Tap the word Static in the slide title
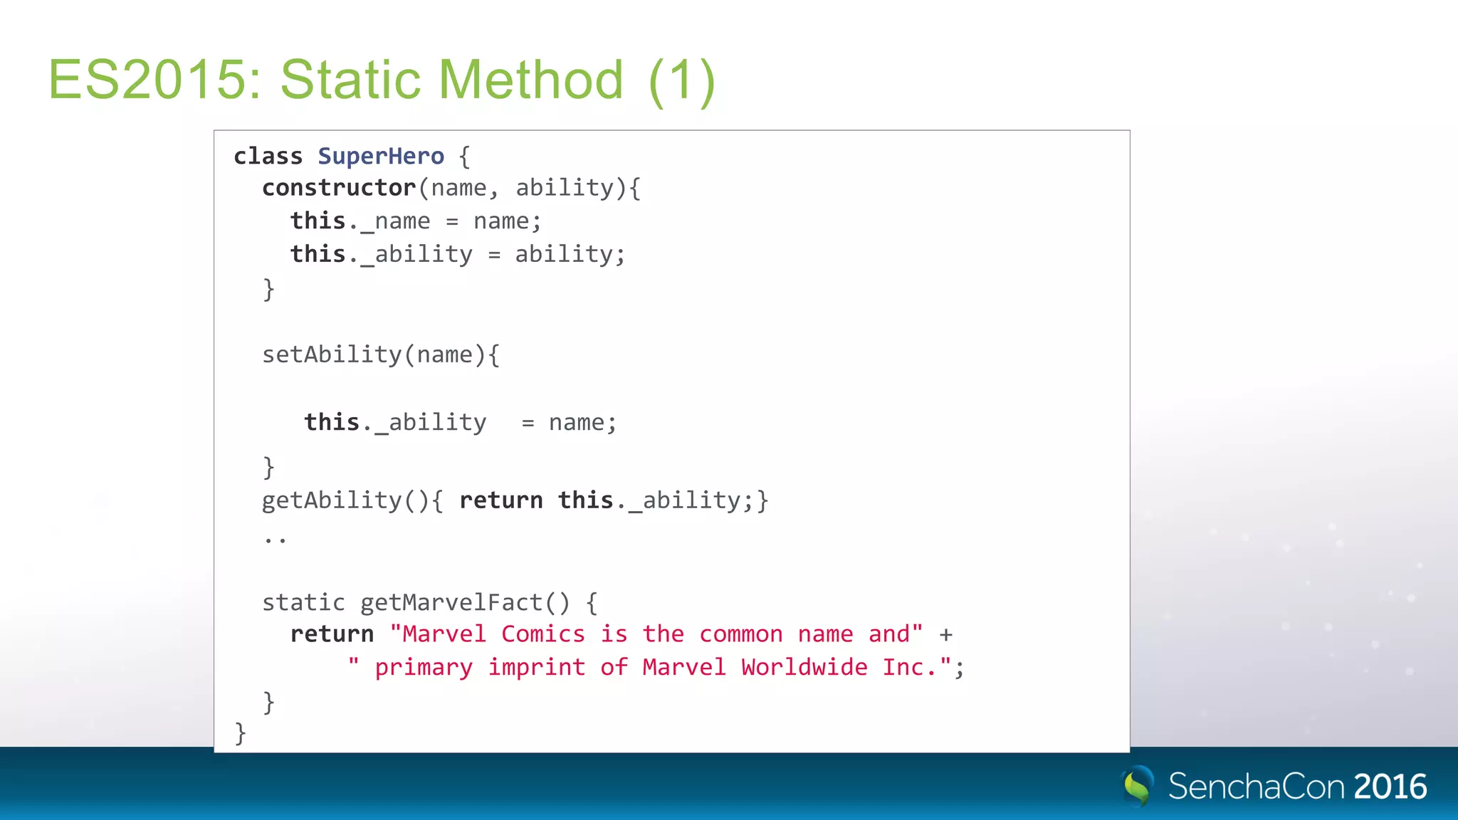pyautogui.click(x=352, y=80)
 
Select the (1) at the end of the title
pyautogui.click(x=681, y=81)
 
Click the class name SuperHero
pyautogui.click(x=381, y=156)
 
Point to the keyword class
pyautogui.click(x=268, y=156)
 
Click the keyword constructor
pyautogui.click(x=339, y=188)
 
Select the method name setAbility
pyautogui.click(x=332, y=354)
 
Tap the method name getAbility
pyautogui.click(x=332, y=500)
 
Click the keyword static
pyautogui.click(x=303, y=603)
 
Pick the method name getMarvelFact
pyautogui.click(x=451, y=603)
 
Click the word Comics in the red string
pyautogui.click(x=543, y=634)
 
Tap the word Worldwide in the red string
pyautogui.click(x=804, y=668)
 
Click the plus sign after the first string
pyautogui.click(x=945, y=635)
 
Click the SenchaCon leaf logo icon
pyautogui.click(x=1138, y=786)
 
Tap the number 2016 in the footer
pyautogui.click(x=1390, y=787)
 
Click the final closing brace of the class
pyautogui.click(x=241, y=732)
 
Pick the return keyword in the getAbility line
pyautogui.click(x=501, y=500)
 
